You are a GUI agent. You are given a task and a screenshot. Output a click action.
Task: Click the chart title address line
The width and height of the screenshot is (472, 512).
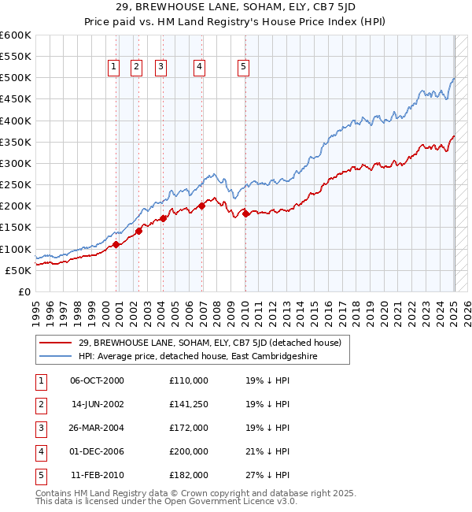click(x=235, y=9)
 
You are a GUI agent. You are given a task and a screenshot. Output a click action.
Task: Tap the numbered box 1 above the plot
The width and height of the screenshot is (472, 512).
click(x=114, y=68)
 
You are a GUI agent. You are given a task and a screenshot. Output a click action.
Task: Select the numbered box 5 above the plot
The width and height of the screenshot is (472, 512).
click(x=243, y=68)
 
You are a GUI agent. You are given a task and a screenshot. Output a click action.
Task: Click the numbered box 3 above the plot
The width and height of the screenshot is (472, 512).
click(x=160, y=68)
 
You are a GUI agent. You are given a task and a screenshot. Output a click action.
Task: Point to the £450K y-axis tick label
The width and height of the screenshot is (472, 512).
click(x=16, y=99)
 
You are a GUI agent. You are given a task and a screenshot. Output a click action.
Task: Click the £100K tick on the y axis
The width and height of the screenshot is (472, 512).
click(x=16, y=249)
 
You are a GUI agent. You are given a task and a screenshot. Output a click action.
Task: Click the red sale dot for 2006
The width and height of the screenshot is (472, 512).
click(x=202, y=206)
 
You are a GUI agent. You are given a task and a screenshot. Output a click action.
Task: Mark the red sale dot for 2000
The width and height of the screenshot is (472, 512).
click(x=116, y=244)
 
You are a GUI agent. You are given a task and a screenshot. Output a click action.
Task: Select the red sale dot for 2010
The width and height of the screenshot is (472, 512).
click(x=245, y=213)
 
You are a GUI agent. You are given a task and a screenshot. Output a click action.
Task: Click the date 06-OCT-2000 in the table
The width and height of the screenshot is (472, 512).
click(x=98, y=380)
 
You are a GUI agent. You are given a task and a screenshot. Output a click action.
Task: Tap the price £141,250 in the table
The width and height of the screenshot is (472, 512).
click(x=189, y=404)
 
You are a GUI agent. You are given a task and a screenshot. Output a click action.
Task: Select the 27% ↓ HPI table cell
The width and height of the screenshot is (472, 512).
click(x=267, y=475)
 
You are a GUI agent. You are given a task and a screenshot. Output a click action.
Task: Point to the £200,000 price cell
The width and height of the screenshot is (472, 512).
click(x=189, y=451)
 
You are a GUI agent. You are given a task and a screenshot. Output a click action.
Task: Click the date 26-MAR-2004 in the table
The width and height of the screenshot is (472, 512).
click(x=98, y=428)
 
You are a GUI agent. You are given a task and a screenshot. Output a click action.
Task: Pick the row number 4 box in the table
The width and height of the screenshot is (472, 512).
click(x=40, y=451)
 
